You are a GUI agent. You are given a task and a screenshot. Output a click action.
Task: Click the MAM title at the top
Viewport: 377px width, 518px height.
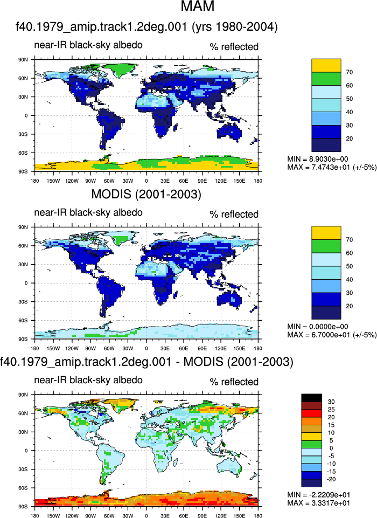pyautogui.click(x=198, y=6)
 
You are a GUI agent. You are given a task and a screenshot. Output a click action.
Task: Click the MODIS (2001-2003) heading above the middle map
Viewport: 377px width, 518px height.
pyautogui.click(x=146, y=194)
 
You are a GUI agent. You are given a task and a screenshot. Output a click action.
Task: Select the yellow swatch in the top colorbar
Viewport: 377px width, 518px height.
pyautogui.click(x=326, y=65)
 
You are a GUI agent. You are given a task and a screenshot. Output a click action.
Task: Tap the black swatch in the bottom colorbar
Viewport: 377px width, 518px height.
pyautogui.click(x=312, y=398)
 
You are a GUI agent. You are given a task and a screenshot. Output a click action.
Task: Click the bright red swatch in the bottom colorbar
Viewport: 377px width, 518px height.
pyautogui.click(x=312, y=413)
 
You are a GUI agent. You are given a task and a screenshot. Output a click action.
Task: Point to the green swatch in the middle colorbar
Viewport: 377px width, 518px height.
pyautogui.click(x=326, y=246)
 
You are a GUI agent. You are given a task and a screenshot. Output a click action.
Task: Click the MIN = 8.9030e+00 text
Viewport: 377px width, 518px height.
pyautogui.click(x=318, y=159)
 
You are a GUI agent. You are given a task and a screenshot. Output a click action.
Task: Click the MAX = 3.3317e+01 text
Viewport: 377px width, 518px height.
pyautogui.click(x=319, y=503)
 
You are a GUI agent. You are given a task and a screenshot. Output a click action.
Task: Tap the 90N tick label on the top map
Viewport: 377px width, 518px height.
pyautogui.click(x=24, y=60)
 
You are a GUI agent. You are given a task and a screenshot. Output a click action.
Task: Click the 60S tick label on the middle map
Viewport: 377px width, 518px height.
pyautogui.click(x=24, y=320)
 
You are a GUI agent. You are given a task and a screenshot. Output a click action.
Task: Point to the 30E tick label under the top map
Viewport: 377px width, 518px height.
pyautogui.click(x=165, y=181)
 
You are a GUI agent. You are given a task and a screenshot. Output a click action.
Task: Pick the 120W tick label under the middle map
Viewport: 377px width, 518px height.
pyautogui.click(x=72, y=348)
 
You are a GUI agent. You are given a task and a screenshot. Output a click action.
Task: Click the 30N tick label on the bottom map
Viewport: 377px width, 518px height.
pyautogui.click(x=24, y=432)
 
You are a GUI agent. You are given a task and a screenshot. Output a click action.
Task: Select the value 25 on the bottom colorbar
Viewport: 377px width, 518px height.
pyautogui.click(x=331, y=410)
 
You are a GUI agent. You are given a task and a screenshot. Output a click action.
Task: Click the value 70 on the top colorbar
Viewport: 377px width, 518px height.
pyautogui.click(x=350, y=72)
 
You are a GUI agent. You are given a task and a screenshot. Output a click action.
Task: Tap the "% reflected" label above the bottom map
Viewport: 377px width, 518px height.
pyautogui.click(x=234, y=382)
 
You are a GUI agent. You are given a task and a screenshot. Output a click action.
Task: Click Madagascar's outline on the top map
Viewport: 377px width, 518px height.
pyautogui.click(x=176, y=127)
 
